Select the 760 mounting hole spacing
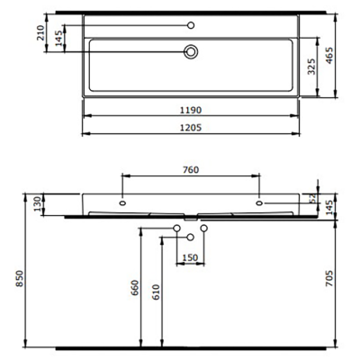tap(191, 168)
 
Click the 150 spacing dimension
tap(191, 257)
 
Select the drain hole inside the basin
tap(191, 52)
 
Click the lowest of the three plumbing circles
tap(190, 238)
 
